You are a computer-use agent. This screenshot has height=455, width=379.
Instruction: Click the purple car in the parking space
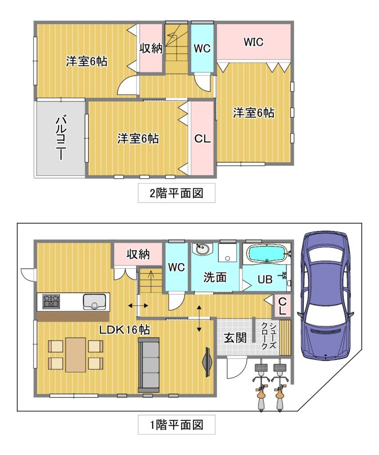326,295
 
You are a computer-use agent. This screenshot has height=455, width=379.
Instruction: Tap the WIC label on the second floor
253,42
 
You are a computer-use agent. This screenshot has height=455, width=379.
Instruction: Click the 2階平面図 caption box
177,193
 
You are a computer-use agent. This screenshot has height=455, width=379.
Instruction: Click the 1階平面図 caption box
177,425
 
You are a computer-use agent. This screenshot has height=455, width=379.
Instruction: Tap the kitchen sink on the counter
95,302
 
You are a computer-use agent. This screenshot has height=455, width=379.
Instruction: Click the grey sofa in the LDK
149,365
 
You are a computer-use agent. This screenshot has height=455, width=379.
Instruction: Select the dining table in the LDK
75,355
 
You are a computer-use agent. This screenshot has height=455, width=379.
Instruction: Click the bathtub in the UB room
267,254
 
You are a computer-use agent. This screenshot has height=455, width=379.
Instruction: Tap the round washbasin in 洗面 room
202,249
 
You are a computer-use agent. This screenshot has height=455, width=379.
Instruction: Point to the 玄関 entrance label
235,338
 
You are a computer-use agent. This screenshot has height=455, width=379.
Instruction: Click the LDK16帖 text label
125,330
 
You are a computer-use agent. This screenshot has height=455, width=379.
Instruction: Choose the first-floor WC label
177,267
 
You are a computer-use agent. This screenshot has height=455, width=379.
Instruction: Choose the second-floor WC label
202,48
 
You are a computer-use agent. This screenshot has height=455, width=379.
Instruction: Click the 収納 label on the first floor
138,254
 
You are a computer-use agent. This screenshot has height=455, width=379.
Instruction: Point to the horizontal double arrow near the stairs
138,306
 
